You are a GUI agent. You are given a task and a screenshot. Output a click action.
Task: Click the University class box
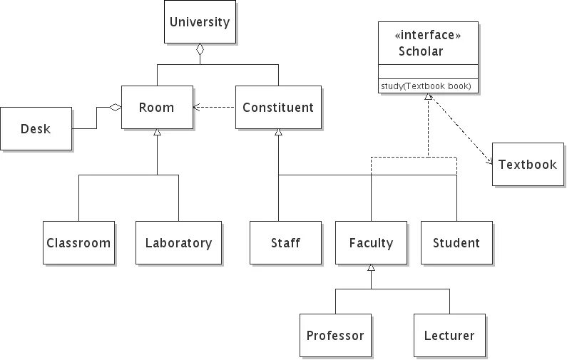click(200, 22)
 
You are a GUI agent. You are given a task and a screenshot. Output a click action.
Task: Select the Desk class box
click(36, 129)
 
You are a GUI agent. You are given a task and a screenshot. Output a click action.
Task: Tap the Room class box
click(157, 108)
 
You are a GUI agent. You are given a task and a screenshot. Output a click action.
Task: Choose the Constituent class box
click(278, 108)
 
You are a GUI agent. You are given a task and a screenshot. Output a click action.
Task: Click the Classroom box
click(78, 243)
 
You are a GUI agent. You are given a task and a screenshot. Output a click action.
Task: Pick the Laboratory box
click(178, 243)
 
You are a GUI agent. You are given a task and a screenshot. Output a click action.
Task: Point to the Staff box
click(285, 243)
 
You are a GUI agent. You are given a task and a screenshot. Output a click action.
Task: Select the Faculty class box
click(371, 243)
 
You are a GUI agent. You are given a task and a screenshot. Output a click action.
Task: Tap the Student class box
click(456, 243)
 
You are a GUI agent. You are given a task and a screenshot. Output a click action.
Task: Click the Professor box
click(335, 336)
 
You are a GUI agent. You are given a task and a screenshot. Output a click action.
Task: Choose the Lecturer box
click(449, 336)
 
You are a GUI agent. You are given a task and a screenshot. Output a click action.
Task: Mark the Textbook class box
click(527, 165)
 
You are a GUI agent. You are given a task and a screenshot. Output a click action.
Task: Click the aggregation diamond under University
click(200, 51)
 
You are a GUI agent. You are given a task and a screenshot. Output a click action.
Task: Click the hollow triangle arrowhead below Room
click(158, 133)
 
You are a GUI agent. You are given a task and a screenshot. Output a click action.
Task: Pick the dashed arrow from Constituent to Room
click(214, 108)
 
